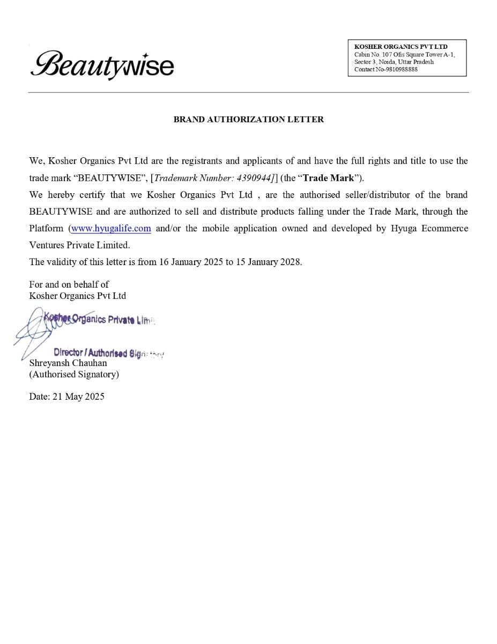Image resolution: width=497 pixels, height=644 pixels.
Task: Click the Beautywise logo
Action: [102, 65]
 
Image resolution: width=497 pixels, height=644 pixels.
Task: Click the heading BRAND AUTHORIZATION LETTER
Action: [248, 119]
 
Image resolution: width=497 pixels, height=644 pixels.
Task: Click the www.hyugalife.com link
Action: [111, 228]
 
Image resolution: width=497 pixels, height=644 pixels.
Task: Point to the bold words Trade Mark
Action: [328, 178]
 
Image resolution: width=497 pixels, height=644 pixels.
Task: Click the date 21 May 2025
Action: [78, 397]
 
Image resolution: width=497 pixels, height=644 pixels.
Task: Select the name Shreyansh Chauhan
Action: [68, 363]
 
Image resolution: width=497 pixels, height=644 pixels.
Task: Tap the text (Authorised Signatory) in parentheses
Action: [74, 374]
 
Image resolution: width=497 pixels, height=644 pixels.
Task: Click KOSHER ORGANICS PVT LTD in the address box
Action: [400, 47]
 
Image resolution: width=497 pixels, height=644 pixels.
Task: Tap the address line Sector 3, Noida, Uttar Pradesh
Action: [394, 62]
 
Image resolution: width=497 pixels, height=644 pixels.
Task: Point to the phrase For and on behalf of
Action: [69, 284]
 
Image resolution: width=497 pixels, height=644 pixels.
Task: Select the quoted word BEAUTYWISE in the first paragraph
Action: [109, 178]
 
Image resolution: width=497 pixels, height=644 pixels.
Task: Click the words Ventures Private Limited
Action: [79, 245]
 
